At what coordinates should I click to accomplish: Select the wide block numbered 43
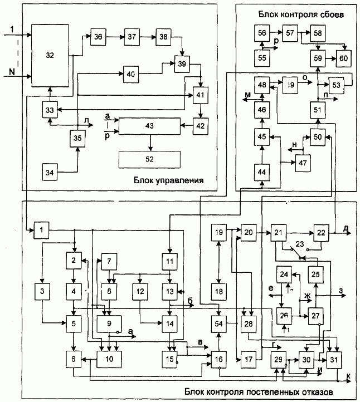149,127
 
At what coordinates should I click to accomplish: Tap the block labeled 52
149,159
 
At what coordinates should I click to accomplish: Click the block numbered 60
343,57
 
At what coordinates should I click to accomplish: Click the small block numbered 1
41,229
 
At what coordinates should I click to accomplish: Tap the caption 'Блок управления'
168,180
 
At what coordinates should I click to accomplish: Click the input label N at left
12,71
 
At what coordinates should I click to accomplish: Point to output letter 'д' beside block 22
346,228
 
